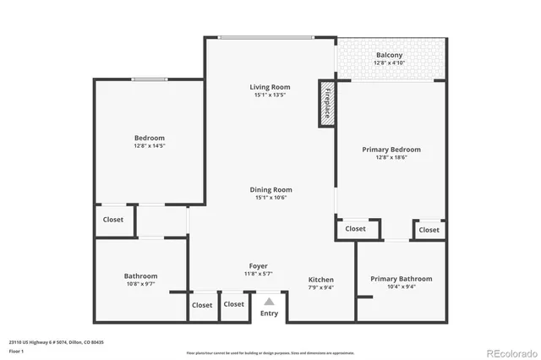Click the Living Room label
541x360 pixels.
click(270, 87)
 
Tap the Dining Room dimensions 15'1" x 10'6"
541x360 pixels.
click(270, 198)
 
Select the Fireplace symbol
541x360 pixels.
click(326, 104)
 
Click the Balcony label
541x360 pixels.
click(389, 55)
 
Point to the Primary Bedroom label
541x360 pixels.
click(391, 150)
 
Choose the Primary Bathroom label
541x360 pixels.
click(401, 279)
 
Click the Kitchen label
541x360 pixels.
click(320, 280)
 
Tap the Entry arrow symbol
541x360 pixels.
click(269, 300)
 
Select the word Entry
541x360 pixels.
click(269, 314)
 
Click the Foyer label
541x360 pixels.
click(258, 266)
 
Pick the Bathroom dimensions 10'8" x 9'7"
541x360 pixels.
click(140, 285)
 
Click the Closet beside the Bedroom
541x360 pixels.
click(113, 220)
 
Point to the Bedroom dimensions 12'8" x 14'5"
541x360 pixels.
click(149, 146)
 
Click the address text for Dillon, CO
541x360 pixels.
click(56, 342)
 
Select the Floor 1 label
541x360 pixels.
click(16, 351)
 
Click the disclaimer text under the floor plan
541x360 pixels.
click(270, 352)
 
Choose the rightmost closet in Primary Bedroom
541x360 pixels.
click(429, 229)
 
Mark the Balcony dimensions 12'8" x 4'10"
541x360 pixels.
click(389, 63)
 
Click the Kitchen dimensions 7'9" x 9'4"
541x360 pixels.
click(320, 287)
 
